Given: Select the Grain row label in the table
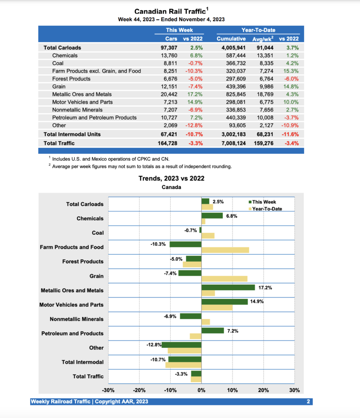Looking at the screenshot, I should [59, 87].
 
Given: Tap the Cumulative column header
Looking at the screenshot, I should [231, 39].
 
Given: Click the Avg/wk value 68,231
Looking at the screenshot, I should [262, 134].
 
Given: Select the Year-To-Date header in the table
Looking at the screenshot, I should [258, 30].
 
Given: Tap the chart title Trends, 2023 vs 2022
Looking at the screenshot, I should [171, 178].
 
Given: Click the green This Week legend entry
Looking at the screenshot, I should [264, 202].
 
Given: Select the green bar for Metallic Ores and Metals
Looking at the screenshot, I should [228, 287].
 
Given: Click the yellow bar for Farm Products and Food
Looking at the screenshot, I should [225, 250].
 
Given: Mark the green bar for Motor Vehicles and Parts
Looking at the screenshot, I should [224, 302].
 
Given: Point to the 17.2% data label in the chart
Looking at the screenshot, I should [265, 288].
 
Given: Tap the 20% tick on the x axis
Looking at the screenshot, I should [263, 390].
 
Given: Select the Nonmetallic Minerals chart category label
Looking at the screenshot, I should [76, 319].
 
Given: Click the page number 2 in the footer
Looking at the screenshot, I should [308, 402].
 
